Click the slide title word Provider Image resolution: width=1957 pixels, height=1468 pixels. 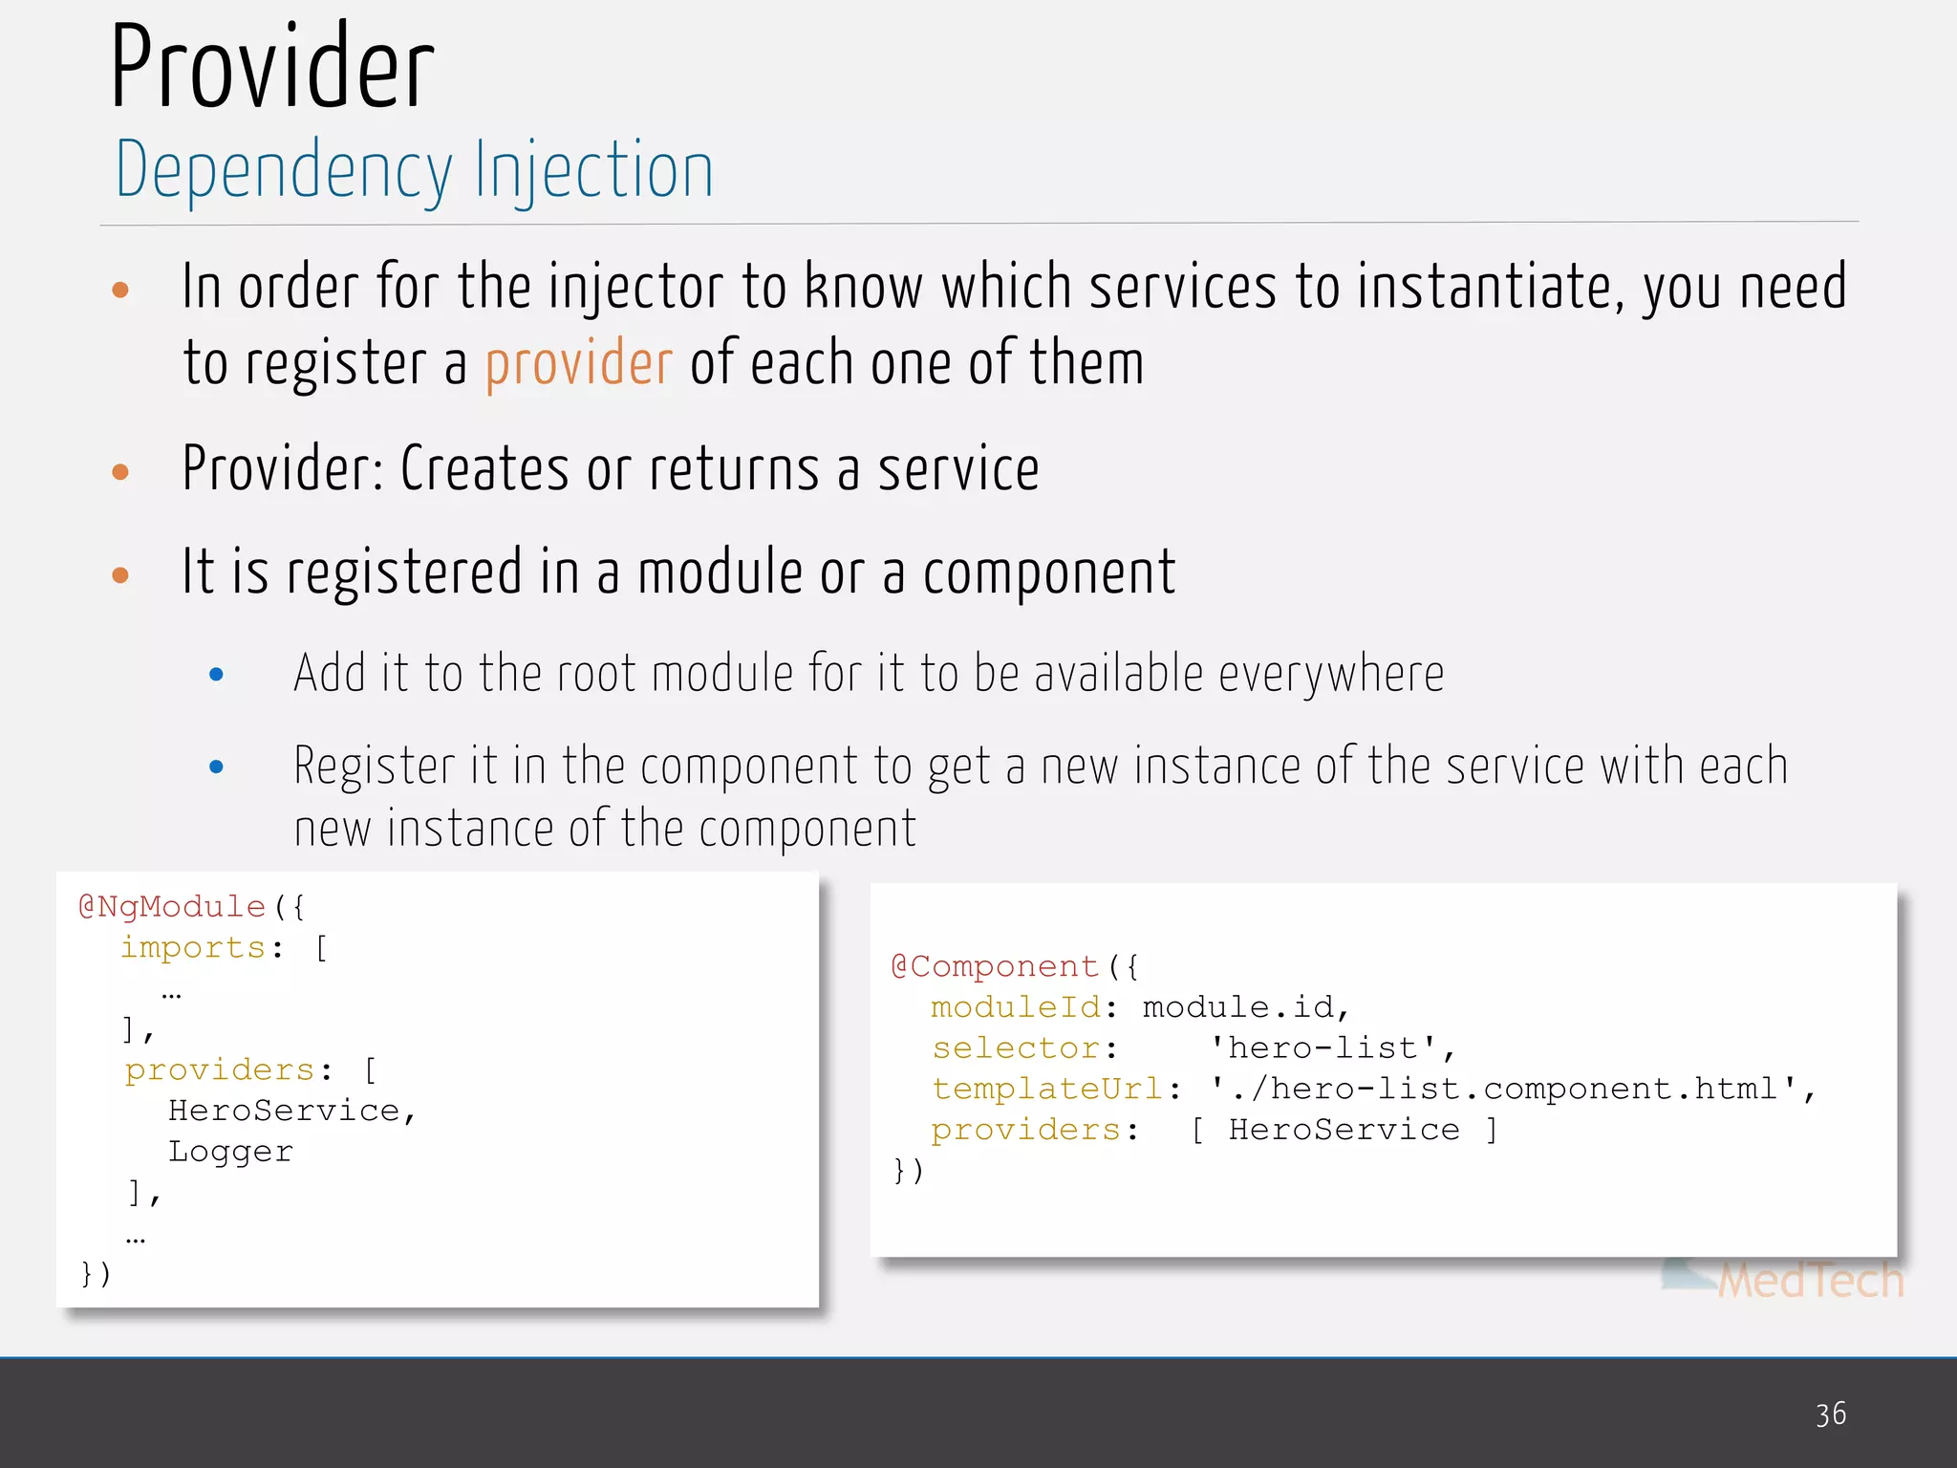click(x=272, y=67)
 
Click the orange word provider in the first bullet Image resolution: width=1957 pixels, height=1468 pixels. click(x=578, y=364)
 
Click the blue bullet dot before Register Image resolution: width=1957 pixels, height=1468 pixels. click(x=216, y=766)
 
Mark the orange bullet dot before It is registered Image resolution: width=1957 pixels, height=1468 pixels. click(x=120, y=574)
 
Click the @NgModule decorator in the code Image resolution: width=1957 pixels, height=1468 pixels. click(x=172, y=906)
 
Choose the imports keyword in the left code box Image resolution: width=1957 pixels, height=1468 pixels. click(x=193, y=947)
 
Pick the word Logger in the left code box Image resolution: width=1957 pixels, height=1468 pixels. click(x=230, y=1152)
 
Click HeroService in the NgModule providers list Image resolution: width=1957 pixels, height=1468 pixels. click(x=284, y=1111)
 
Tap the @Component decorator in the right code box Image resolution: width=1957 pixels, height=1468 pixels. click(x=995, y=966)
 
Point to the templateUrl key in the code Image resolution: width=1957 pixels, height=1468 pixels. click(x=1047, y=1089)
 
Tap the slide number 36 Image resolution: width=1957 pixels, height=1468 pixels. click(x=1831, y=1414)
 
